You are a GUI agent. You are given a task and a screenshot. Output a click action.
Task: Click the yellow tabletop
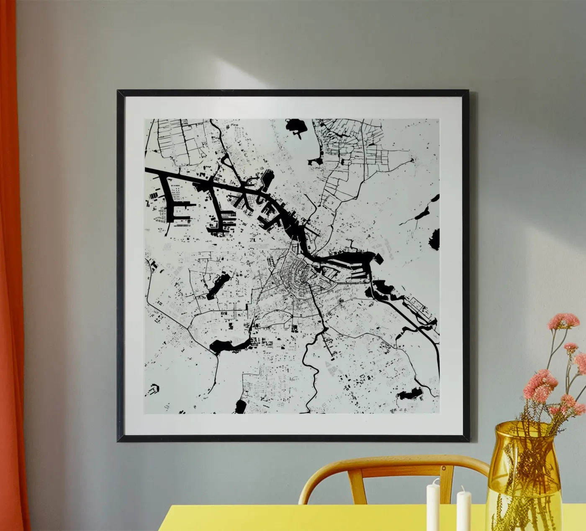(293, 519)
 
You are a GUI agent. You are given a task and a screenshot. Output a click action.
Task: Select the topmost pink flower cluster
(563, 321)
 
